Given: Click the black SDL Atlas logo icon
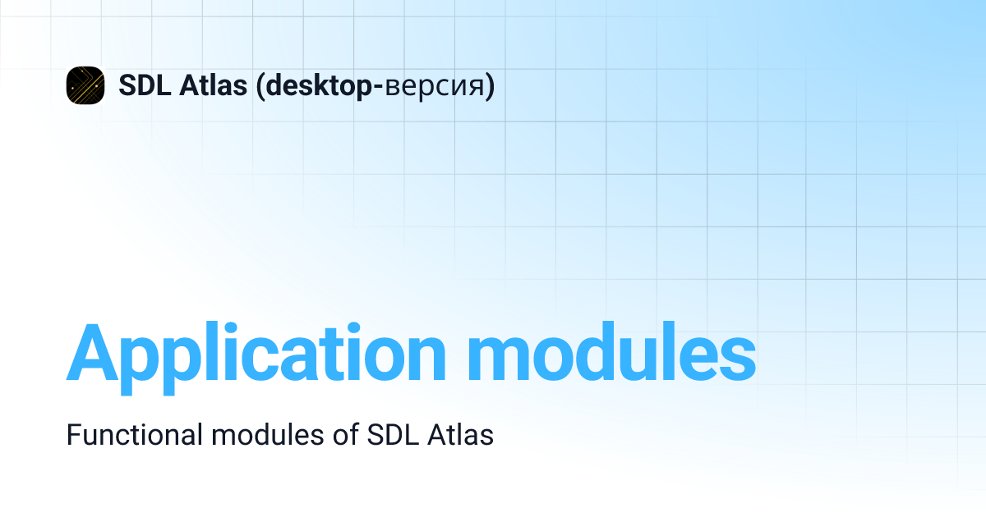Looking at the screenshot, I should coord(85,85).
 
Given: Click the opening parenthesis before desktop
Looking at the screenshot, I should coord(260,85).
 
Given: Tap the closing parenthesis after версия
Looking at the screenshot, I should coord(491,85).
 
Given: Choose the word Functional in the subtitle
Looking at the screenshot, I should coord(134,435).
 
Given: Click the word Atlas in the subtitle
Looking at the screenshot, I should coord(461,435).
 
